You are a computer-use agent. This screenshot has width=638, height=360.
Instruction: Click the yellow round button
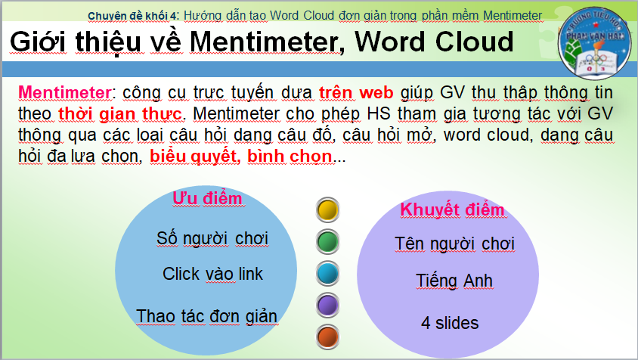tap(327, 209)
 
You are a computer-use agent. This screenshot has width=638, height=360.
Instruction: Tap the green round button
tap(327, 241)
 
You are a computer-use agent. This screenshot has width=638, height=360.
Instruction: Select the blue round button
tap(327, 273)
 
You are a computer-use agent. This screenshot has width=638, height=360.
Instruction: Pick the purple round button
tap(327, 305)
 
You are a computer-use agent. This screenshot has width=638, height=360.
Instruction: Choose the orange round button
tap(327, 337)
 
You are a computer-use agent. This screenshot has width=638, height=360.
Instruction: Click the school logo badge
tap(595, 43)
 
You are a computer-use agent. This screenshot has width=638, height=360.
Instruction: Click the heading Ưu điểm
tap(208, 198)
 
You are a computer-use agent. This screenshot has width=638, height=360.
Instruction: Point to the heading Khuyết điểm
tap(452, 209)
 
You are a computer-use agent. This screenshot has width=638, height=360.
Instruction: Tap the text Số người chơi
tap(212, 239)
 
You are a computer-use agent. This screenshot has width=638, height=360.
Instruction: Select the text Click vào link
tap(212, 274)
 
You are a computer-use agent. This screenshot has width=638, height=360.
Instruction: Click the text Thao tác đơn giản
tap(206, 316)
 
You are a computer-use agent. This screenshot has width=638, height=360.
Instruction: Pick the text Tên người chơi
tap(454, 244)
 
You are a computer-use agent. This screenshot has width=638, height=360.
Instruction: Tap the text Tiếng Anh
tap(454, 281)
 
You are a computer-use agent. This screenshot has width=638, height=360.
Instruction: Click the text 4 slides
tap(450, 323)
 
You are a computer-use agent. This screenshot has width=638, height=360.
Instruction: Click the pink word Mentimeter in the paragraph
tap(65, 92)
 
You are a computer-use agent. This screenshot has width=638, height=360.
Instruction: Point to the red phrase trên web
tap(356, 93)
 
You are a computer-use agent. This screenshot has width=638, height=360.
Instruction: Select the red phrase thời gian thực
tap(120, 113)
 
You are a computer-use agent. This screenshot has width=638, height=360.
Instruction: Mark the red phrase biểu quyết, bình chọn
tap(241, 156)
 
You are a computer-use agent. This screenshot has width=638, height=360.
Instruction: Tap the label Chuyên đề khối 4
tap(133, 16)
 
